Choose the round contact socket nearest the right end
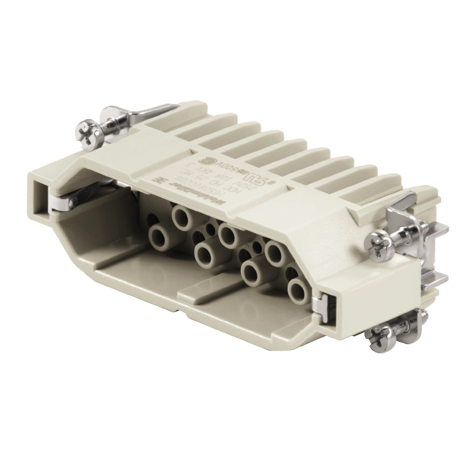(296, 289)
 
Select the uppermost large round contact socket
(182, 218)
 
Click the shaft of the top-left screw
(108, 125)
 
